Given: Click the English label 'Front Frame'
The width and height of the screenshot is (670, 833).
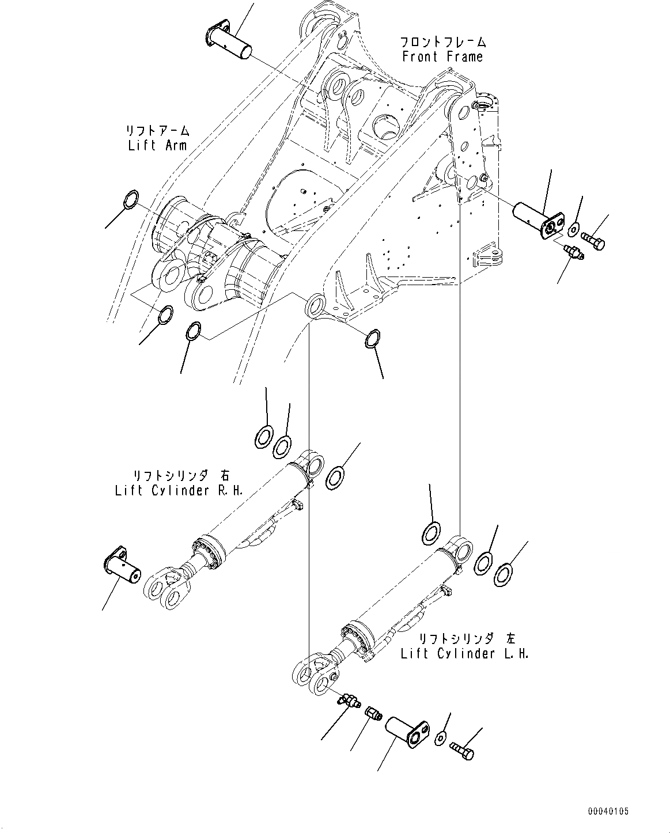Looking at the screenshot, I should click(442, 56).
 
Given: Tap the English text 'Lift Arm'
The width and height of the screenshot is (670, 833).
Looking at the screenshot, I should click(157, 145).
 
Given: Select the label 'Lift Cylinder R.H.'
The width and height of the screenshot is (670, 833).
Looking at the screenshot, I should click(179, 491).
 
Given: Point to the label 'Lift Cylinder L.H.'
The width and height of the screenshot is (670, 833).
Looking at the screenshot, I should click(464, 654).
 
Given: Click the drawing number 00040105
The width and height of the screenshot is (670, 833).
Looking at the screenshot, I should click(608, 811).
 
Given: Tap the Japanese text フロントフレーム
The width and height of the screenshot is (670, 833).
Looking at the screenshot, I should click(442, 42).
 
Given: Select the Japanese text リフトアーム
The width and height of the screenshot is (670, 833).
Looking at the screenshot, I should click(158, 131).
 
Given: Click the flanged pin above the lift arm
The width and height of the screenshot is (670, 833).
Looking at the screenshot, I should click(229, 41).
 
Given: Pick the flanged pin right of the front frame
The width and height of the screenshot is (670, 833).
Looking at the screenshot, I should click(535, 218).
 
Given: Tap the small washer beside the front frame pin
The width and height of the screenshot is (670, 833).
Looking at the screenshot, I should click(573, 229).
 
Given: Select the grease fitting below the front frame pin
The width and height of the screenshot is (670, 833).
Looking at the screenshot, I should click(573, 252).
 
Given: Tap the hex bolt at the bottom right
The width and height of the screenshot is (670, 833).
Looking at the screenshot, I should click(463, 749).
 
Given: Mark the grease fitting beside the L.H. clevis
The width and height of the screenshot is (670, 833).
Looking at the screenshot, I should click(348, 700).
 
